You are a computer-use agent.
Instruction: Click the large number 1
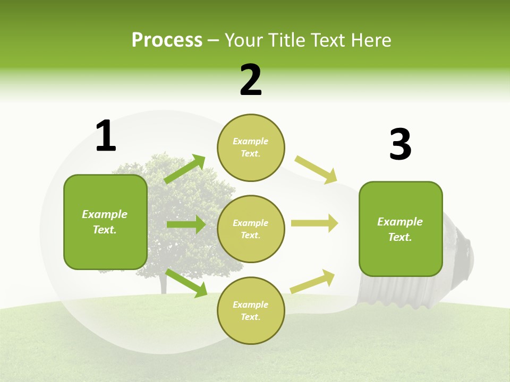[x=105, y=136]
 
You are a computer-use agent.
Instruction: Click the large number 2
[x=251, y=80]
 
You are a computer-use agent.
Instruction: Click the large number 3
[x=400, y=145]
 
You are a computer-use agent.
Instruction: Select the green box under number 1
[x=105, y=222]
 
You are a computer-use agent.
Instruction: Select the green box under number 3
[x=401, y=229]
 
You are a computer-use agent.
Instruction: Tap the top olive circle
[x=251, y=147]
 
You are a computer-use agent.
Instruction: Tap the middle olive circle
[x=251, y=229]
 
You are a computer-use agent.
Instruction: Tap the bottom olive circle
[x=251, y=311]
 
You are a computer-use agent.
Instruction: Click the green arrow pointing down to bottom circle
[x=186, y=283]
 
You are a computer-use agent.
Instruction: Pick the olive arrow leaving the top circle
[x=316, y=169]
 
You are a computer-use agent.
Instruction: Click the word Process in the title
[x=167, y=40]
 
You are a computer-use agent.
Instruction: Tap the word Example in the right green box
[x=400, y=222]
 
